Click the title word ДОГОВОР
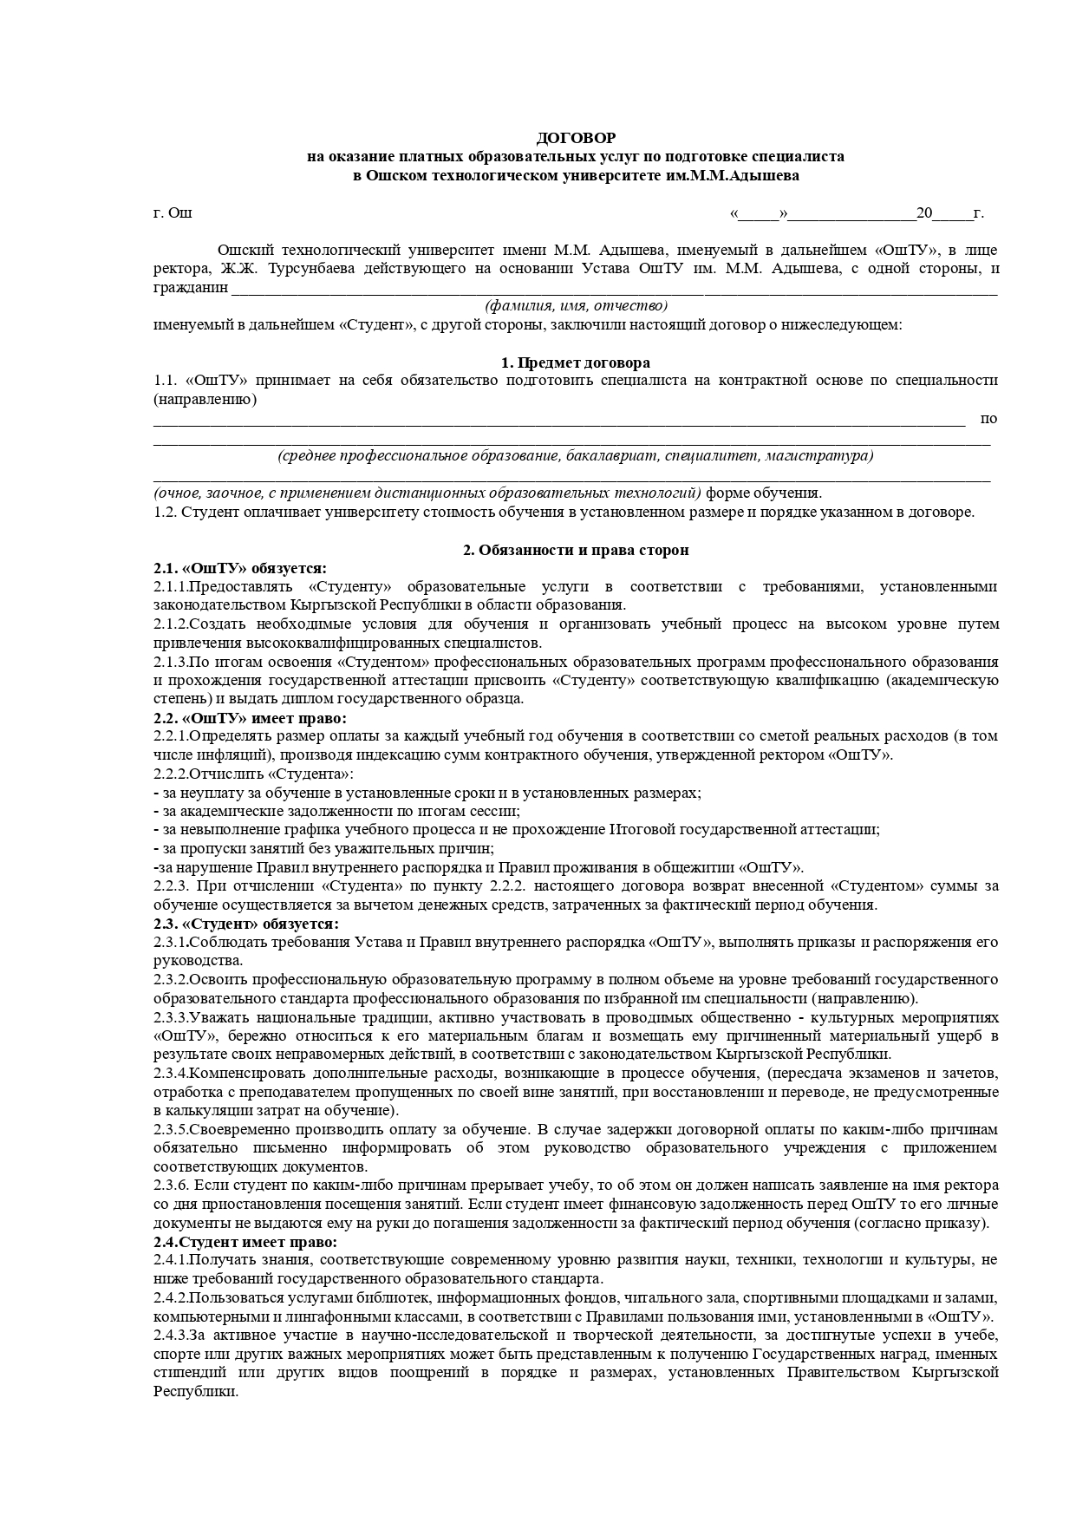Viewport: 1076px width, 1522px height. pyautogui.click(x=576, y=138)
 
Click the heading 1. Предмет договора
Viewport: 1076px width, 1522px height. pyautogui.click(x=576, y=363)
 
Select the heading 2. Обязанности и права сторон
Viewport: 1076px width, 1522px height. pyautogui.click(x=576, y=550)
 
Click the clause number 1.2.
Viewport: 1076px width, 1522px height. pyautogui.click(x=165, y=513)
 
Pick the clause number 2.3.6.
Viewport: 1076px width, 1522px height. pyautogui.click(x=171, y=1186)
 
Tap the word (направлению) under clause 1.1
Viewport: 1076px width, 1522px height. pyautogui.click(x=205, y=400)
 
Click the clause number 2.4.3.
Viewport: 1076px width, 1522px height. pyautogui.click(x=171, y=1335)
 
